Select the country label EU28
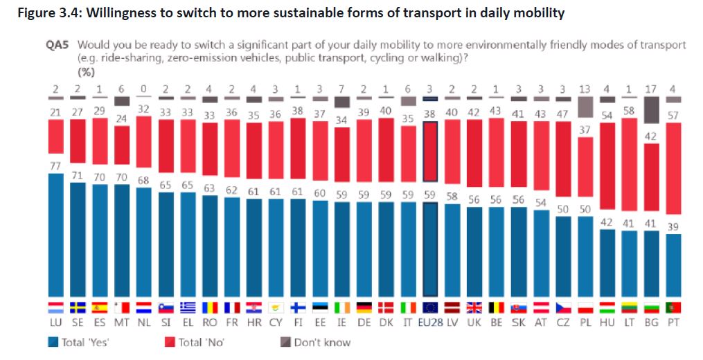(429, 323)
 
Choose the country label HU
(606, 323)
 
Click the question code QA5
(57, 45)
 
